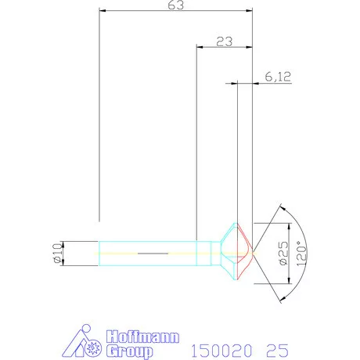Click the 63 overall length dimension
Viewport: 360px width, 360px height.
176,5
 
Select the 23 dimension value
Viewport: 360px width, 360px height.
224,41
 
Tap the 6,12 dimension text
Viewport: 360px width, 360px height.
278,77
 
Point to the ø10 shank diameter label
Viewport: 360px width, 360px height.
58,253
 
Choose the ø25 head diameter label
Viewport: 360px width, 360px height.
284,253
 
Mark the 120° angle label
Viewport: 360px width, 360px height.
301,254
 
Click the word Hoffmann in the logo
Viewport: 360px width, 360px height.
142,337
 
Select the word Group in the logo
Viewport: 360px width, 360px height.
129,351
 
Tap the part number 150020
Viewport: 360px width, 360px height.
222,351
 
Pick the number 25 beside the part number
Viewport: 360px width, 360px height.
277,351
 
